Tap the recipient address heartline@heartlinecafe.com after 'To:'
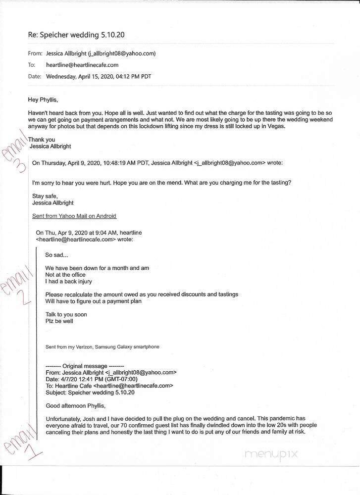click(x=82, y=65)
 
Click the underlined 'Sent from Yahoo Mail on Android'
click(x=74, y=216)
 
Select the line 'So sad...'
click(x=56, y=255)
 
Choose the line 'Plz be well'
click(x=59, y=321)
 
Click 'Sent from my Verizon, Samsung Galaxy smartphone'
click(x=102, y=347)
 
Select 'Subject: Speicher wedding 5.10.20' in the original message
click(x=90, y=393)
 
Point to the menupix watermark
click(x=271, y=454)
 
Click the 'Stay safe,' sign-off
click(x=45, y=196)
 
